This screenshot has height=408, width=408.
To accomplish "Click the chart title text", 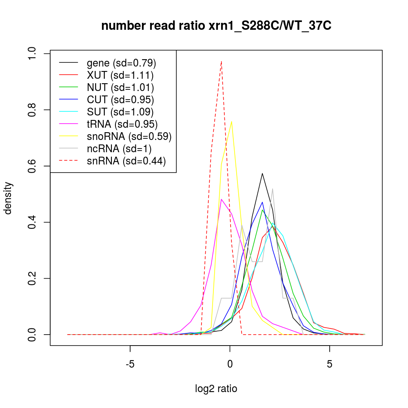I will [216, 26].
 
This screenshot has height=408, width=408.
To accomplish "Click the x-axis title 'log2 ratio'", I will [216, 388].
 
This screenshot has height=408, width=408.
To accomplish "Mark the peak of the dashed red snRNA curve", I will [221, 61].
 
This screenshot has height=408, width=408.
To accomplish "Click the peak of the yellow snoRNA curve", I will [231, 121].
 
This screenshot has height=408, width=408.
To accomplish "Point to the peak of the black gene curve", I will [262, 173].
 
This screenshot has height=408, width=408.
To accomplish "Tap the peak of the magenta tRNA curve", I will [221, 199].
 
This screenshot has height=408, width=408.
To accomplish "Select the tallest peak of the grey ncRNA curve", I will [272, 188].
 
